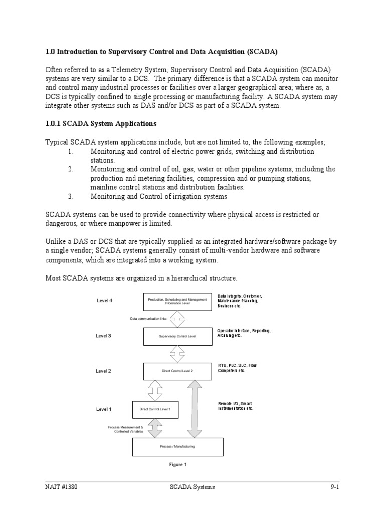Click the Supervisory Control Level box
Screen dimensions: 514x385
[177, 336]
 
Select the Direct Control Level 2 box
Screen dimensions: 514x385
[177, 371]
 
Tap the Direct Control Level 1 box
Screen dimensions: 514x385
[155, 409]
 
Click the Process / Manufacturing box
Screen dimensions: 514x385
[177, 446]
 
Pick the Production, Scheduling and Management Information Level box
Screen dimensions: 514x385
[177, 301]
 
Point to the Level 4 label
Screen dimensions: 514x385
[104, 301]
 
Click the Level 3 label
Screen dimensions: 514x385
[103, 336]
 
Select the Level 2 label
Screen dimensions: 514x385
[103, 371]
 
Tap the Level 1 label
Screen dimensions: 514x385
[103, 409]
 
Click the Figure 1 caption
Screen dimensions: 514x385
[177, 465]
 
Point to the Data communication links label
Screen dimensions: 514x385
[148, 319]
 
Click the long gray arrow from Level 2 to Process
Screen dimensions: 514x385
[195, 409]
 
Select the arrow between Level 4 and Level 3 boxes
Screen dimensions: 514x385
[177, 319]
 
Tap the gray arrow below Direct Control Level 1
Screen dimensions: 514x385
[155, 428]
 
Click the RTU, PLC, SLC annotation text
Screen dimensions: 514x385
[237, 368]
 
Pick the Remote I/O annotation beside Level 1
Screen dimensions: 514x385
[236, 406]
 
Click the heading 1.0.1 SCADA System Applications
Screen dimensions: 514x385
[101, 123]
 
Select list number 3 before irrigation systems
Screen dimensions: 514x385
[71, 196]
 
